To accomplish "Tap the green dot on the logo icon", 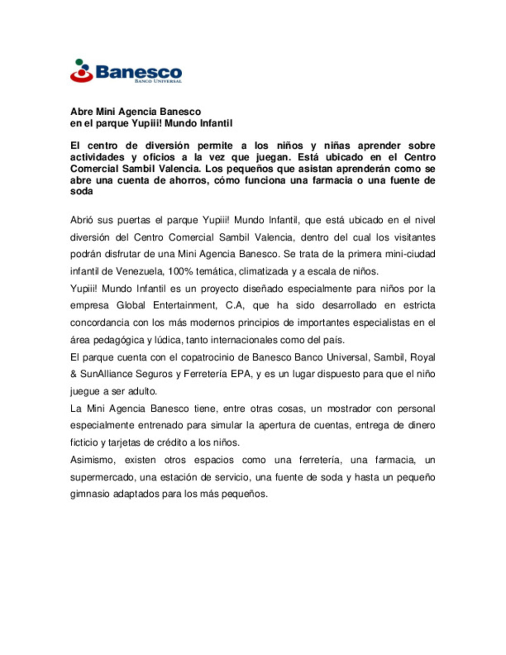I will pyautogui.click(x=79, y=61).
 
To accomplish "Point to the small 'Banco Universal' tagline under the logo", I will pyautogui.click(x=158, y=81).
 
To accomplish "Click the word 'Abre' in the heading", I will pyautogui.click(x=82, y=112).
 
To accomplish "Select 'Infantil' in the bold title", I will pyautogui.click(x=216, y=123).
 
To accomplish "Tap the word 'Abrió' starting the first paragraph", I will pyautogui.click(x=82, y=220).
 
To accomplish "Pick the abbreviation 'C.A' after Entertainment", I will pyautogui.click(x=234, y=305).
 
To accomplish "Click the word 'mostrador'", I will pyautogui.click(x=349, y=409).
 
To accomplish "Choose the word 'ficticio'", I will pyautogui.click(x=84, y=442).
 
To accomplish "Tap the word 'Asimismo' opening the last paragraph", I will pyautogui.click(x=92, y=460).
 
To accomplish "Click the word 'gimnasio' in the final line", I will pyautogui.click(x=89, y=494).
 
